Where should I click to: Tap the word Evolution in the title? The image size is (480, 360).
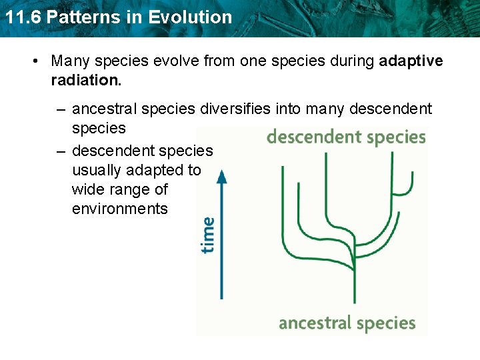(x=190, y=17)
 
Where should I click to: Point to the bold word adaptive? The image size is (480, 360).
(x=411, y=61)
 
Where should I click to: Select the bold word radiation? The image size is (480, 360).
(x=86, y=80)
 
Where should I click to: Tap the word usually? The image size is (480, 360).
(x=97, y=170)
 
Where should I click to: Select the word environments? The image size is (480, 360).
(x=120, y=209)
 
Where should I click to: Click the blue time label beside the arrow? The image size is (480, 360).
(x=208, y=235)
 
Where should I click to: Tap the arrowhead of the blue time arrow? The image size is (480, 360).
(x=222, y=175)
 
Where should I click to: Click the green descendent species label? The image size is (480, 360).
(x=345, y=137)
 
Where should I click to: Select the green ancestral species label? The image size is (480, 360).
(x=347, y=323)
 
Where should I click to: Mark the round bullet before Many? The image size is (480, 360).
(x=35, y=61)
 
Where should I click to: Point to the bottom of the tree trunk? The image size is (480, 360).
(x=354, y=301)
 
